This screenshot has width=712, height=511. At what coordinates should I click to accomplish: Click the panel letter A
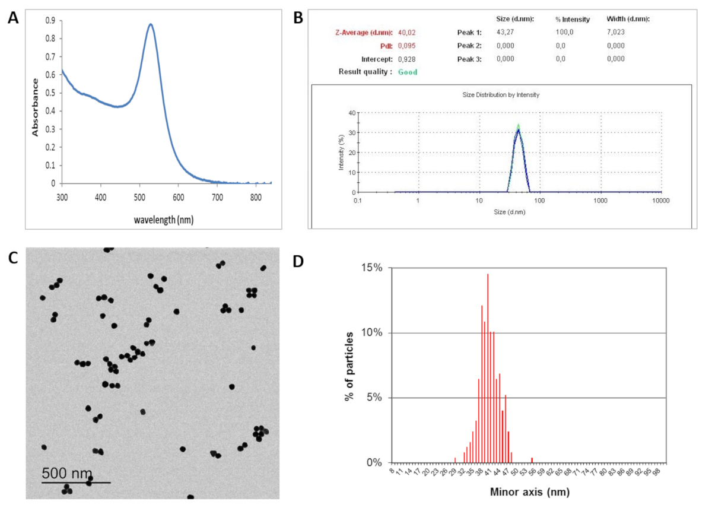pos(13,18)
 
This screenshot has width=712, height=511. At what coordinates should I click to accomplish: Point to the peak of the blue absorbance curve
pos(151,25)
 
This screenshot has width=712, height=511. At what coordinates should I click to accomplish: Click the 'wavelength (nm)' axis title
pos(163,219)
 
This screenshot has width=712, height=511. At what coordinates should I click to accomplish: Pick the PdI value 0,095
pos(406,46)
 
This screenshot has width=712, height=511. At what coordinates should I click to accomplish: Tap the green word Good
pos(408,72)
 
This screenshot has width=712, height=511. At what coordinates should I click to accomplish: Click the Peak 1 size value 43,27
pos(506,33)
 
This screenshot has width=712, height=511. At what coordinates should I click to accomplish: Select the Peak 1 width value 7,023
pos(616,33)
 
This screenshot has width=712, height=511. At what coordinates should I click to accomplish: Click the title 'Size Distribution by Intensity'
pos(501,94)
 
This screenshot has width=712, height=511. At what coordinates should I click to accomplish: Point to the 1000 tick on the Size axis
pos(600,201)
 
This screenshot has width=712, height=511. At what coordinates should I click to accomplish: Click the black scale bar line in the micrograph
pos(76,482)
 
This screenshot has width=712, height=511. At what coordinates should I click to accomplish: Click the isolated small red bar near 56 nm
pos(532,460)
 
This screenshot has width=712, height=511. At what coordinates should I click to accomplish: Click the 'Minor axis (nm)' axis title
pos(530,492)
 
